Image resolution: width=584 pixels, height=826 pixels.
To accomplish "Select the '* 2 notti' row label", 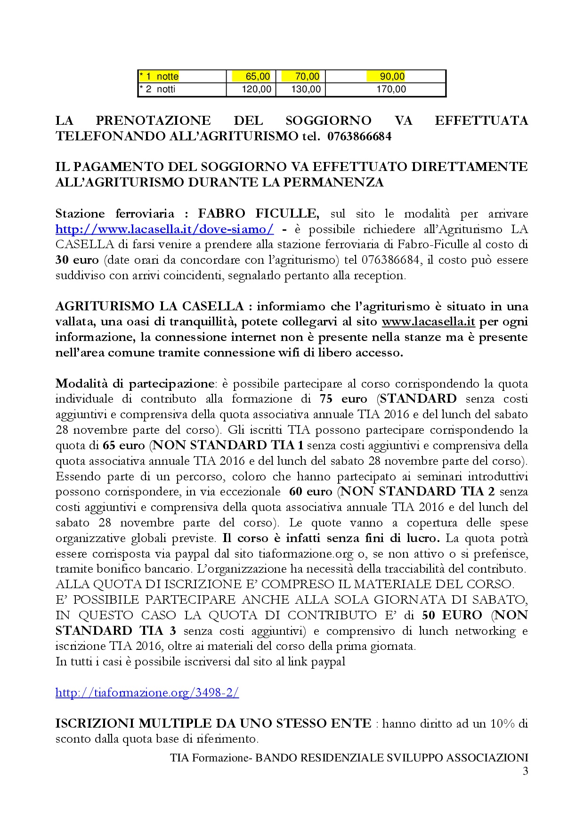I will pyautogui.click(x=158, y=89).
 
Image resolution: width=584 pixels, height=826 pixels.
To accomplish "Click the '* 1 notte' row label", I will pyautogui.click(x=159, y=76).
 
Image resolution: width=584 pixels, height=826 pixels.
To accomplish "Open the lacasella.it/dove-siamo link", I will pyautogui.click(x=164, y=229).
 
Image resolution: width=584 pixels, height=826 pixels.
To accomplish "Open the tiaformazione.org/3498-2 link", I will pyautogui.click(x=147, y=693).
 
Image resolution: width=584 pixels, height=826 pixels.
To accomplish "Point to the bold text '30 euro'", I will pyautogui.click(x=77, y=260).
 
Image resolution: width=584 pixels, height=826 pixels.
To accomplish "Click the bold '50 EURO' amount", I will pyautogui.click(x=452, y=615).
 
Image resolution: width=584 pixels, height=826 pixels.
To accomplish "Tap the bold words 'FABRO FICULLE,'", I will pyautogui.click(x=259, y=214).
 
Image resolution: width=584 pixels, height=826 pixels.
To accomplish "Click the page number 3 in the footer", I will pyautogui.click(x=525, y=771).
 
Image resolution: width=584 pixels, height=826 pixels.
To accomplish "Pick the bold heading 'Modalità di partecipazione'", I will pyautogui.click(x=135, y=384).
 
